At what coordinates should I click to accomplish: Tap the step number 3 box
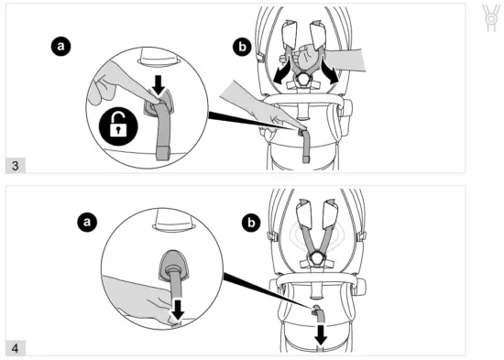tap(17, 164)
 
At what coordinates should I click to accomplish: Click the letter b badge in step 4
tap(248, 221)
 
